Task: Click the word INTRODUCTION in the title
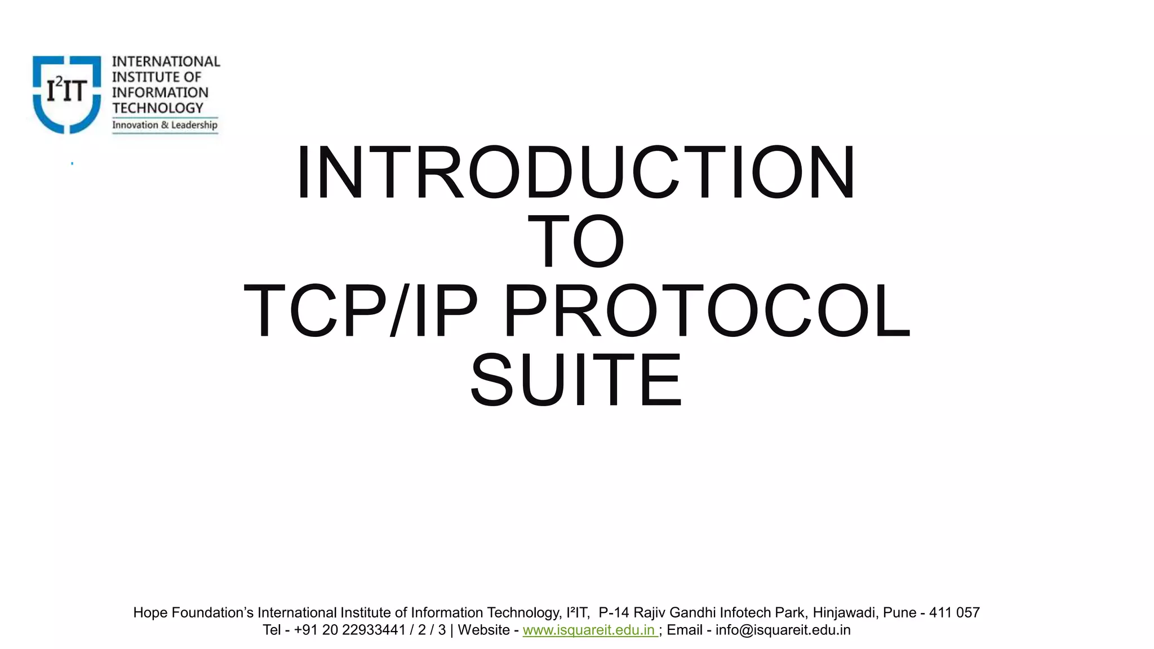pyautogui.click(x=576, y=172)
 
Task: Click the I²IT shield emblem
pyautogui.click(x=66, y=94)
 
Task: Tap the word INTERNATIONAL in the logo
pyautogui.click(x=166, y=61)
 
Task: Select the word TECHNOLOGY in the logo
pyautogui.click(x=157, y=108)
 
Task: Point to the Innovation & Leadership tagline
pyautogui.click(x=165, y=125)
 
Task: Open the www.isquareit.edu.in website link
pyautogui.click(x=589, y=630)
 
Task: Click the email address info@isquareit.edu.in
pyautogui.click(x=783, y=630)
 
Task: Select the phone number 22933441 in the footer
pyautogui.click(x=374, y=630)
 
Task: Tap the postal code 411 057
pyautogui.click(x=954, y=612)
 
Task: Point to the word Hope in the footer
pyautogui.click(x=150, y=612)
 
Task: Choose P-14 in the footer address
pyautogui.click(x=614, y=612)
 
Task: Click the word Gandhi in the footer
pyautogui.click(x=693, y=612)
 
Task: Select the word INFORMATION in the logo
pyautogui.click(x=160, y=92)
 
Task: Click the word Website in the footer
pyautogui.click(x=483, y=630)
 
